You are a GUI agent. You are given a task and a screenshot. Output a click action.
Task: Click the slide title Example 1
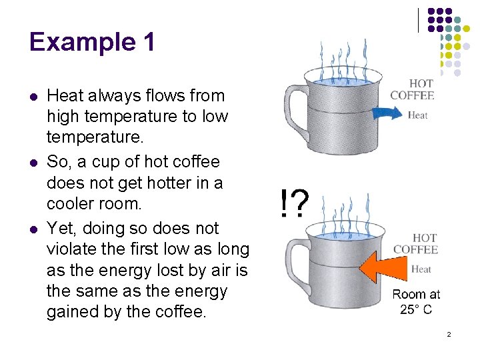click(92, 41)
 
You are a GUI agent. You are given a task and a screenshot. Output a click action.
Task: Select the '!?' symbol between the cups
click(293, 203)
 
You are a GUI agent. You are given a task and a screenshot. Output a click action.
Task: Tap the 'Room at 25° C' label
click(416, 301)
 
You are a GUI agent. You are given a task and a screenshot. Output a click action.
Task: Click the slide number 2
click(449, 333)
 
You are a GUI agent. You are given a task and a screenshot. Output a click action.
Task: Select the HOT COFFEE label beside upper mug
click(412, 89)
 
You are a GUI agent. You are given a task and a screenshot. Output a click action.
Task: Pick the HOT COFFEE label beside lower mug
click(415, 243)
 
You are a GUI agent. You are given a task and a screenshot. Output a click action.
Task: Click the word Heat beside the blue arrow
click(417, 115)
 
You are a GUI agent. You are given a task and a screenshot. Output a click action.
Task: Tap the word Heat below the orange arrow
click(421, 269)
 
